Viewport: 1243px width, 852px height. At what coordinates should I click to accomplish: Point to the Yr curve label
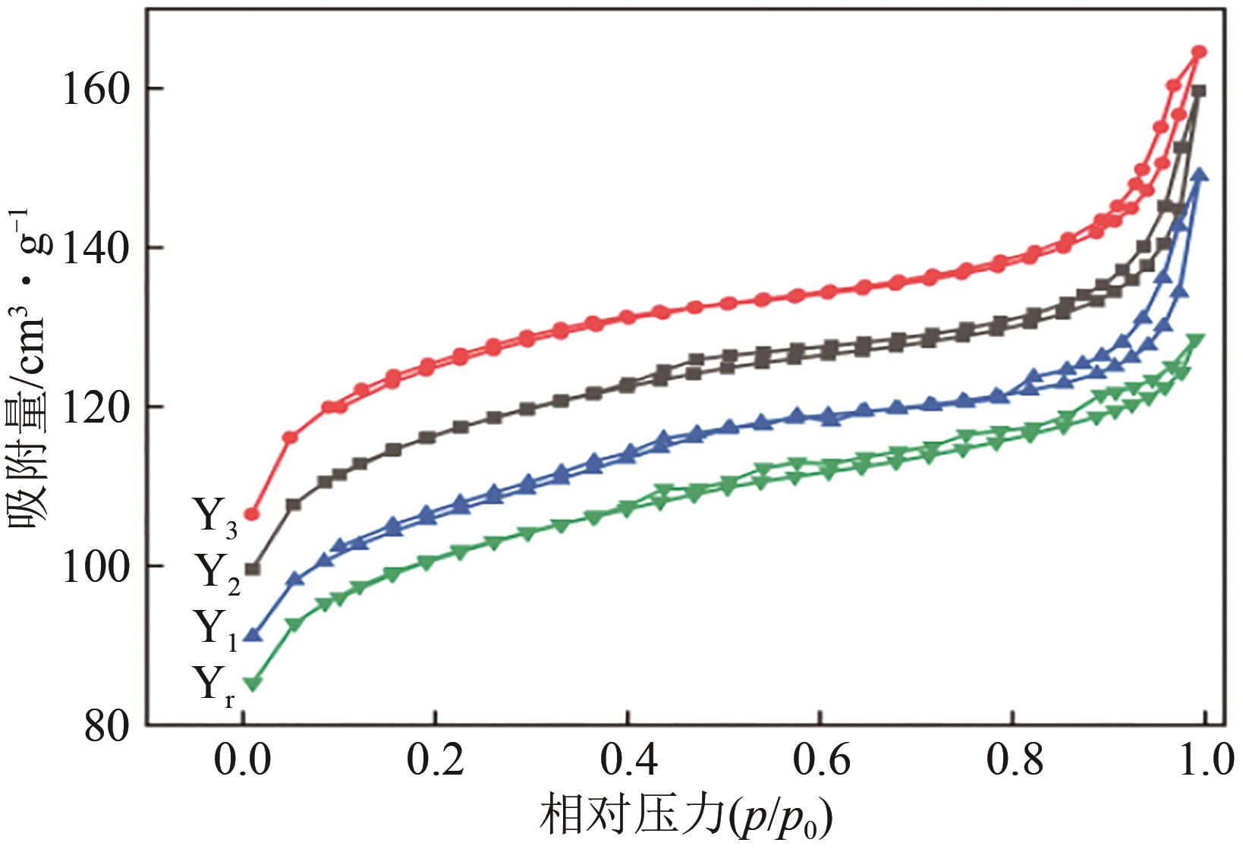pos(216,686)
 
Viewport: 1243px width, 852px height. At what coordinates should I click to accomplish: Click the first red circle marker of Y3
pos(252,514)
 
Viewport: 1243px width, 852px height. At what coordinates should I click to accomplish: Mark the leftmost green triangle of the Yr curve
pos(253,684)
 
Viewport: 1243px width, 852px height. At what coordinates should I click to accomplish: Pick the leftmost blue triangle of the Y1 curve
pos(253,634)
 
